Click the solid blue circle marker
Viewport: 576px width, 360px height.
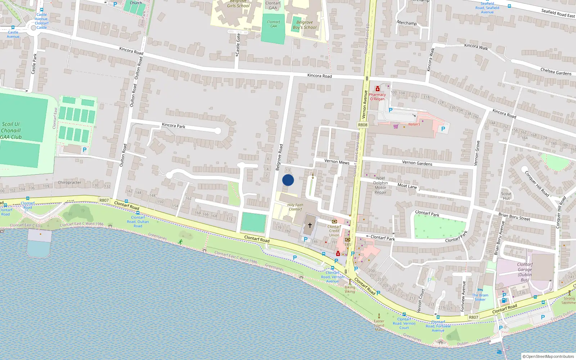point(288,180)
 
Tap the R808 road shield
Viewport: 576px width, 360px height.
point(363,125)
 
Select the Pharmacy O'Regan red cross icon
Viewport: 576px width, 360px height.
point(377,89)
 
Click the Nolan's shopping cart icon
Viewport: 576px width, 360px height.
point(396,126)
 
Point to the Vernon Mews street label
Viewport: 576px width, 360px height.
point(337,162)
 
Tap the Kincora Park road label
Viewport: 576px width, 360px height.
point(174,126)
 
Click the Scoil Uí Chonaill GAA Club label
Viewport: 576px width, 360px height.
point(11,130)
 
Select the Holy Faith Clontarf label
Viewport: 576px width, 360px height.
point(295,207)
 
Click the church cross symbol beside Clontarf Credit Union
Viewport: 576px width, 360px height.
point(310,225)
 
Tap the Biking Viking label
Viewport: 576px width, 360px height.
point(350,289)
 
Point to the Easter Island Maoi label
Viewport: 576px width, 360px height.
point(379,325)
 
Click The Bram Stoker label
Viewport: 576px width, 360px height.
point(480,297)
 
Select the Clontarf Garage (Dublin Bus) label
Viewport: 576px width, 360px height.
point(525,272)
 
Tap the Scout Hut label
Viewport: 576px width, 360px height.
point(506,196)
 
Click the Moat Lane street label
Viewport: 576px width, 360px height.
point(407,186)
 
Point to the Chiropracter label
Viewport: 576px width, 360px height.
point(69,183)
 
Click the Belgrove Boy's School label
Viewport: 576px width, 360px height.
point(305,25)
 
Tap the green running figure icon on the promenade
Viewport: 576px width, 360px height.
point(180,242)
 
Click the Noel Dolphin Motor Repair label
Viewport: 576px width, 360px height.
point(380,185)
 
